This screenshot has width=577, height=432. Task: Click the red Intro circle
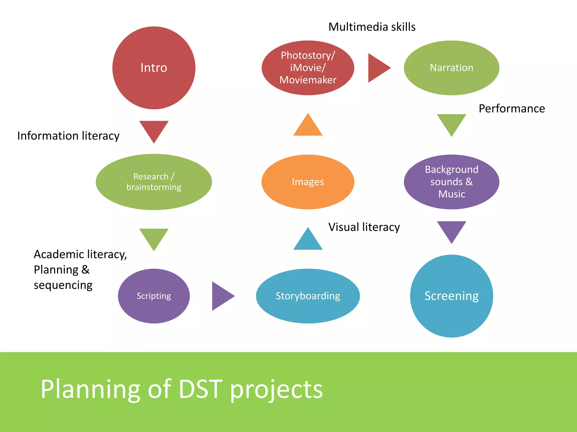click(154, 68)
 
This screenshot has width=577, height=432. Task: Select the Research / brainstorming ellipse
click(154, 182)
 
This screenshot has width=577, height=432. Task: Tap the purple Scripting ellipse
click(154, 296)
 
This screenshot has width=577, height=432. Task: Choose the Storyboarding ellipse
click(308, 296)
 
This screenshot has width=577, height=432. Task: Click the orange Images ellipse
click(308, 182)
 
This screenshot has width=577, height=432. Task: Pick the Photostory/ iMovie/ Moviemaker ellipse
click(308, 68)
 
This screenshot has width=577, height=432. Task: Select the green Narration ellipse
click(451, 68)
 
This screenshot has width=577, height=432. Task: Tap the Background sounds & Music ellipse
click(451, 182)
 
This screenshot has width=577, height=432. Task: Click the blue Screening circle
click(451, 296)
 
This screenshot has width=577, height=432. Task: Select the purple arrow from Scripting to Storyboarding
click(221, 296)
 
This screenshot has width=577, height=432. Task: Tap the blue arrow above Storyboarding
click(308, 241)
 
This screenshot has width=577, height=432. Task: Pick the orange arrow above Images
click(308, 127)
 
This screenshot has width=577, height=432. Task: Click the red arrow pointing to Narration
click(378, 68)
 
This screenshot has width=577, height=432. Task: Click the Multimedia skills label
click(372, 27)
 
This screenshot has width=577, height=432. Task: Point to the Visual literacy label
click(364, 227)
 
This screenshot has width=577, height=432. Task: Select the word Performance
click(512, 109)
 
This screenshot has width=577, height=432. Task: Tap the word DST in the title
click(200, 389)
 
